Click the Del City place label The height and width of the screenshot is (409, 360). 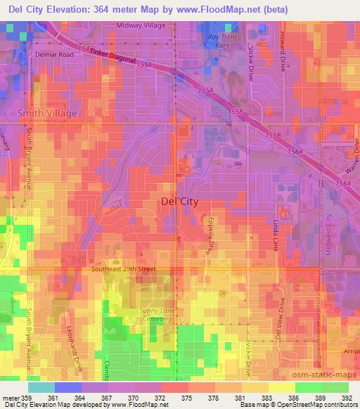pos(180,202)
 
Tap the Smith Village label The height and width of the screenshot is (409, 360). pos(48,112)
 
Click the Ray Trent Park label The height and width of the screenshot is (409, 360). pos(214,41)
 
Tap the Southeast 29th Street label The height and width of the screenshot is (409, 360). pos(123,269)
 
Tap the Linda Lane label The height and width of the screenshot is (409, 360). pos(275,234)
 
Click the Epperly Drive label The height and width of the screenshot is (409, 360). pos(210,234)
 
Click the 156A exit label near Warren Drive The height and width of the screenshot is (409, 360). pos(344,183)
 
